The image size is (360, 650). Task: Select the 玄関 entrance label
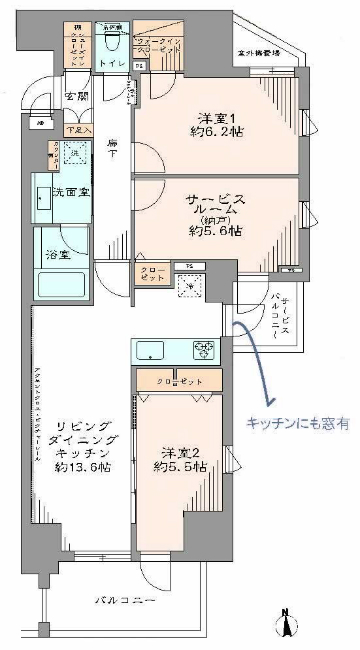coord(77,97)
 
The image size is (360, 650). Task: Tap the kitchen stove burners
coord(203,350)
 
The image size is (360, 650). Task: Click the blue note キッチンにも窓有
coord(297,424)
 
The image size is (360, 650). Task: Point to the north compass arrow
coord(287,624)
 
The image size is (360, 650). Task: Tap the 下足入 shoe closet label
coord(77,130)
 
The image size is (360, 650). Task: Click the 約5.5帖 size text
coord(180,466)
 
